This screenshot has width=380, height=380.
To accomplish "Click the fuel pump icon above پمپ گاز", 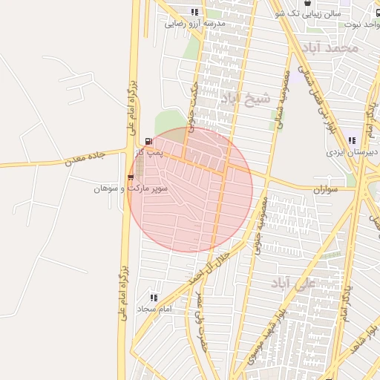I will [151, 141].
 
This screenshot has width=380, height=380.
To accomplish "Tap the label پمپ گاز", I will [151, 153].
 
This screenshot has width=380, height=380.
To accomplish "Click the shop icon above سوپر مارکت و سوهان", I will [131, 177].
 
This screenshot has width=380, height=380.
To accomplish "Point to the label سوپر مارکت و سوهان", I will [131, 189].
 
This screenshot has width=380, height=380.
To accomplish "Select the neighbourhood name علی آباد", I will [315, 284].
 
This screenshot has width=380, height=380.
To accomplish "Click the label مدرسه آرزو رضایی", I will [194, 24].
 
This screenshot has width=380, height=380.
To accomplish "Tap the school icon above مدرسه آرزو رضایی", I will [194, 12].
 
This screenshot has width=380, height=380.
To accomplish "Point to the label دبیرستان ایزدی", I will [353, 152].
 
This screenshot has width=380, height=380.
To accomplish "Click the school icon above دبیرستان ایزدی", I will [351, 140].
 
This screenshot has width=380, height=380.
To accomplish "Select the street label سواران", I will [324, 190].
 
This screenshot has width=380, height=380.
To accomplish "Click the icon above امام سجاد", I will [154, 297].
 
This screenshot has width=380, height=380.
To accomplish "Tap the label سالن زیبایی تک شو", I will [308, 13].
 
